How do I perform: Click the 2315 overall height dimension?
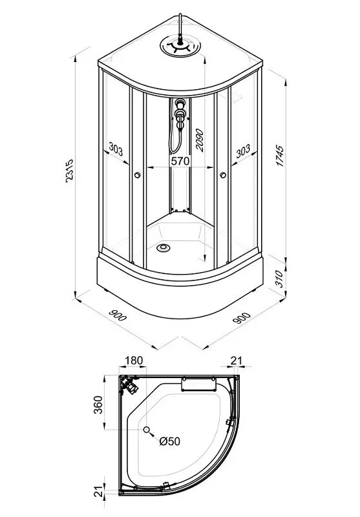click(70, 171)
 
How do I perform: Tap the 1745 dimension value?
click(280, 155)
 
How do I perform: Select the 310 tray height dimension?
click(280, 279)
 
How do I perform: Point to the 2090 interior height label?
click(200, 140)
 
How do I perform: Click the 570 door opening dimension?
click(180, 161)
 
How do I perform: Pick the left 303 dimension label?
click(116, 149)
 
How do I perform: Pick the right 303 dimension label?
click(243, 151)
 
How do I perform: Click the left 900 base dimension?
click(118, 315)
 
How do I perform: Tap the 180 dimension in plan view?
click(134, 361)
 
